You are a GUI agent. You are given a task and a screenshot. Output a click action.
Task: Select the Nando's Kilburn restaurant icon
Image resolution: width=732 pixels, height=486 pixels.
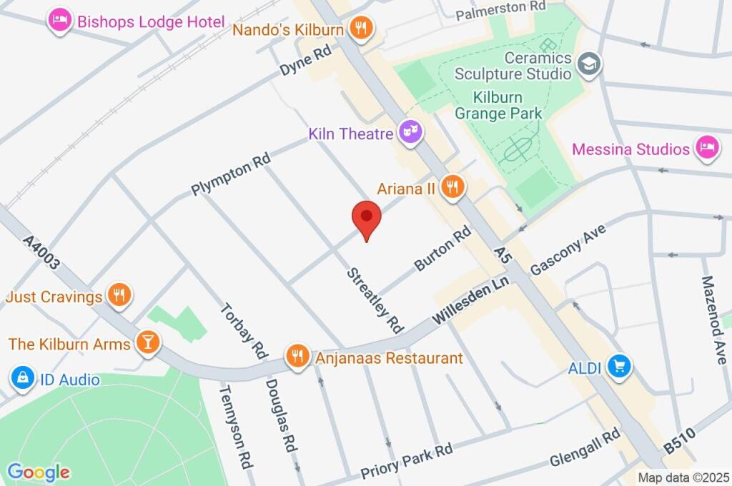[362, 29]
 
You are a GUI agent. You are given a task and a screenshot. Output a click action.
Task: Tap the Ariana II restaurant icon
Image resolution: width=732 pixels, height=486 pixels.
[452, 188]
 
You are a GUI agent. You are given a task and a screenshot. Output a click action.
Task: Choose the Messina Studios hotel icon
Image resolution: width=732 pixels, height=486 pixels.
[707, 149]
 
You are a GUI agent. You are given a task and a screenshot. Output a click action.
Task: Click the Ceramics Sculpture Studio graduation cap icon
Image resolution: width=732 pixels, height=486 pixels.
[590, 64]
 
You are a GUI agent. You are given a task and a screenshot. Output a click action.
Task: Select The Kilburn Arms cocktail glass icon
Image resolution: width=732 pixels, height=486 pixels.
[148, 343]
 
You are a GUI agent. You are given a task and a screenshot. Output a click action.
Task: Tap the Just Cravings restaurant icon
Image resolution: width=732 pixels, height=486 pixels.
[119, 294]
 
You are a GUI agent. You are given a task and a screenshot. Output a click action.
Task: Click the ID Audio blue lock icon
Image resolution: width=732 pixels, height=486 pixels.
[23, 378]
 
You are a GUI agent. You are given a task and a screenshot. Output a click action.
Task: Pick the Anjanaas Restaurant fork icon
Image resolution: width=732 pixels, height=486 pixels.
[297, 355]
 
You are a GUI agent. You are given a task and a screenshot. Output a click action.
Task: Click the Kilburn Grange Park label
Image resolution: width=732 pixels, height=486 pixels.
[499, 105]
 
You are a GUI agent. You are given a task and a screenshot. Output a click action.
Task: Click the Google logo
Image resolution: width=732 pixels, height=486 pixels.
[39, 472]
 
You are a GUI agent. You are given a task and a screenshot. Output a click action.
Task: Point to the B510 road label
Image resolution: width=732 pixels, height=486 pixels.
[680, 437]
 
